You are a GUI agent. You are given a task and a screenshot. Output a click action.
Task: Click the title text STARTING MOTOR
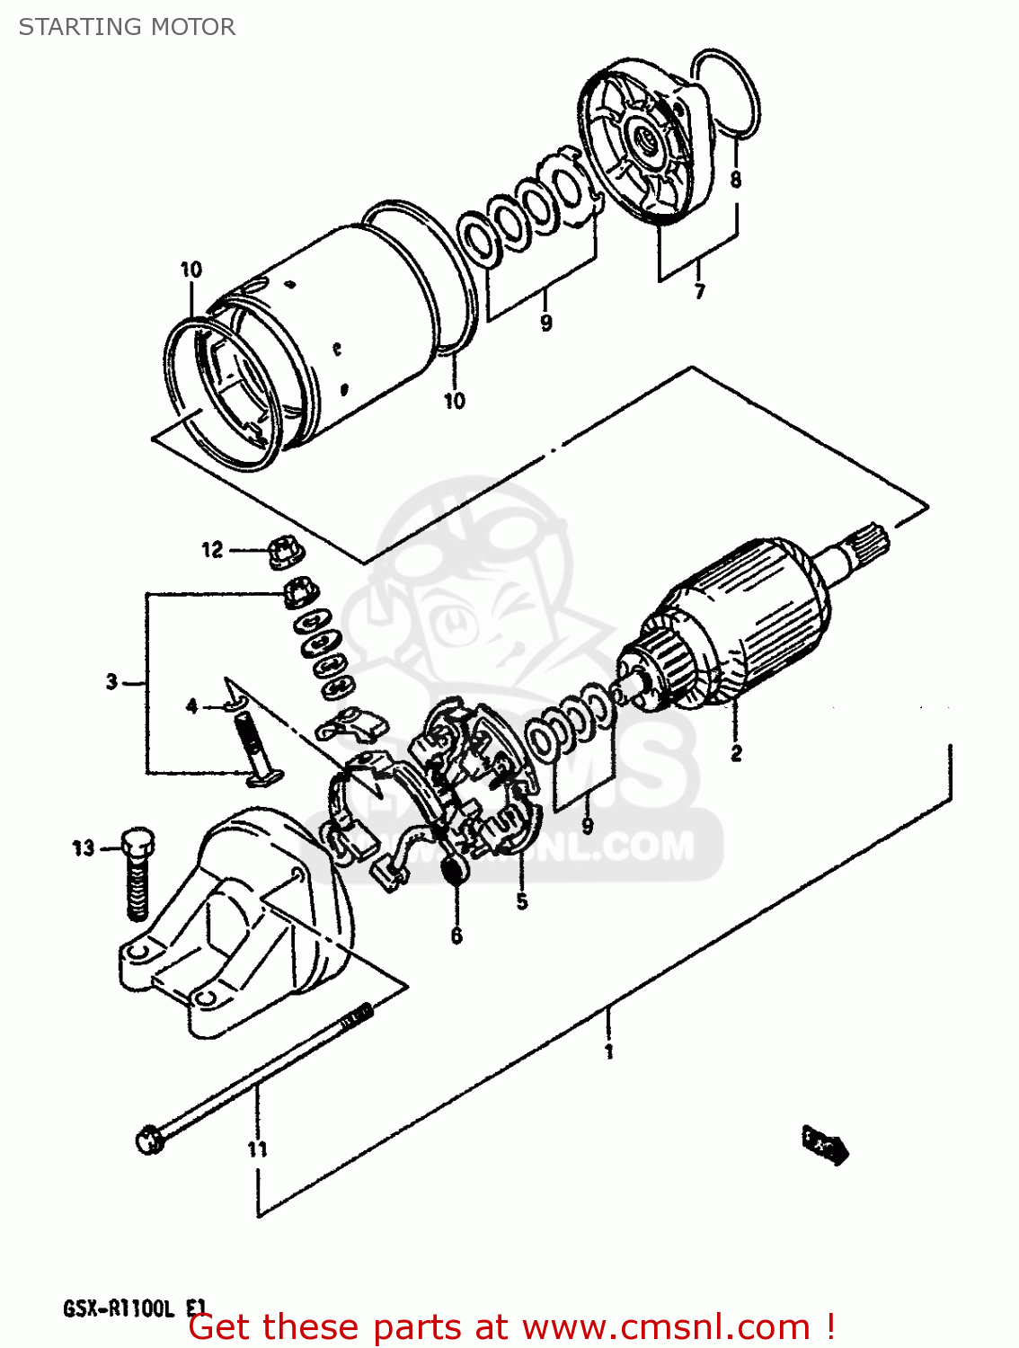click(127, 27)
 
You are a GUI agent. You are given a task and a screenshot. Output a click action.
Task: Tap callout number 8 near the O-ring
click(736, 179)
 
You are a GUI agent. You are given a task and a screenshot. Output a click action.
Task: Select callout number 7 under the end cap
click(699, 290)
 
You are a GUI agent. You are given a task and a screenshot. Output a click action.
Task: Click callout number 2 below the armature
click(736, 753)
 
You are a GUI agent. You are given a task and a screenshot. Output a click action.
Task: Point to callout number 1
click(609, 1051)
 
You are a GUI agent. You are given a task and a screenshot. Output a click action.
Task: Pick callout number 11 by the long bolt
click(257, 1148)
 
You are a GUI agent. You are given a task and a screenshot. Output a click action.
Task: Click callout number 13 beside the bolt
click(84, 847)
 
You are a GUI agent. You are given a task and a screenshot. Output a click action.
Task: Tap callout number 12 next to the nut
click(212, 549)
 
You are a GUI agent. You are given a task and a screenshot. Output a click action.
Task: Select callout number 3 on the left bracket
click(111, 681)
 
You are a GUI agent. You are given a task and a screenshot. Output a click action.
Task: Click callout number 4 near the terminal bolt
click(191, 706)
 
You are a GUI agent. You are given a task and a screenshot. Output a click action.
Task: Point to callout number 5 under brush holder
click(522, 901)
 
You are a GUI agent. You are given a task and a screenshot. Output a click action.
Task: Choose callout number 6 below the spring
click(456, 936)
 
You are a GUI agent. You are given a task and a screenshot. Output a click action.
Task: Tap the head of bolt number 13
click(137, 841)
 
